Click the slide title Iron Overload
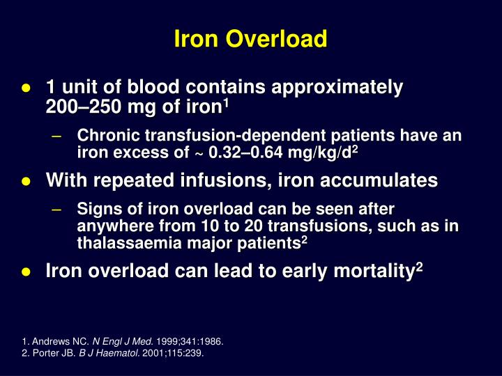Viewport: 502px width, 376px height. click(251, 40)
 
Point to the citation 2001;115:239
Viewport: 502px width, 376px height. click(173, 352)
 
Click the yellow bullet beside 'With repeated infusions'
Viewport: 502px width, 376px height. click(25, 182)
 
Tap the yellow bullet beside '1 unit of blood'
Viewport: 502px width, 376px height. click(25, 88)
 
